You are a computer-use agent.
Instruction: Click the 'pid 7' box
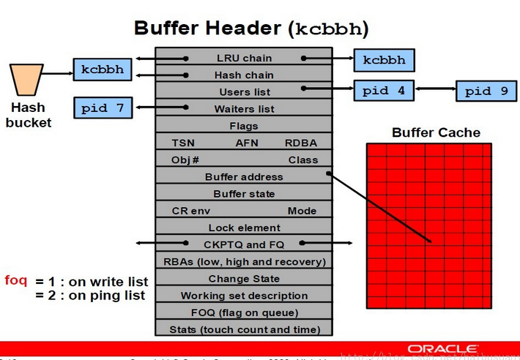[104, 108]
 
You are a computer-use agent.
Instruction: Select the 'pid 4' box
[383, 91]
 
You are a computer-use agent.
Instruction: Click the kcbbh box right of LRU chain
[384, 59]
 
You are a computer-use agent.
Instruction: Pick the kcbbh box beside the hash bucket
[103, 70]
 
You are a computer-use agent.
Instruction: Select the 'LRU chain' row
[244, 59]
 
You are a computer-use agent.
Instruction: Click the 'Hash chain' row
[244, 75]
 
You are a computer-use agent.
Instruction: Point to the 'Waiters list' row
[244, 109]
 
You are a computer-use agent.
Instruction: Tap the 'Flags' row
[244, 126]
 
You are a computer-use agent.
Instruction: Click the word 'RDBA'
[301, 143]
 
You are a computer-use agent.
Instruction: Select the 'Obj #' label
[185, 160]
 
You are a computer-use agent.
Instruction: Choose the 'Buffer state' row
[244, 194]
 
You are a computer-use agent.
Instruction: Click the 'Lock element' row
[244, 228]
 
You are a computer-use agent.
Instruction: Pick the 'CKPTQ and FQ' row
[244, 244]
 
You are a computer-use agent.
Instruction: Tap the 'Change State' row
[244, 279]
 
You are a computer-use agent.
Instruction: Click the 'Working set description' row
[244, 296]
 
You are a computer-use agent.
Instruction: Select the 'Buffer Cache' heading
[436, 132]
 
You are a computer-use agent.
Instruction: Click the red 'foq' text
[16, 280]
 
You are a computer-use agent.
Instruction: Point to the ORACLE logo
[444, 348]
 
